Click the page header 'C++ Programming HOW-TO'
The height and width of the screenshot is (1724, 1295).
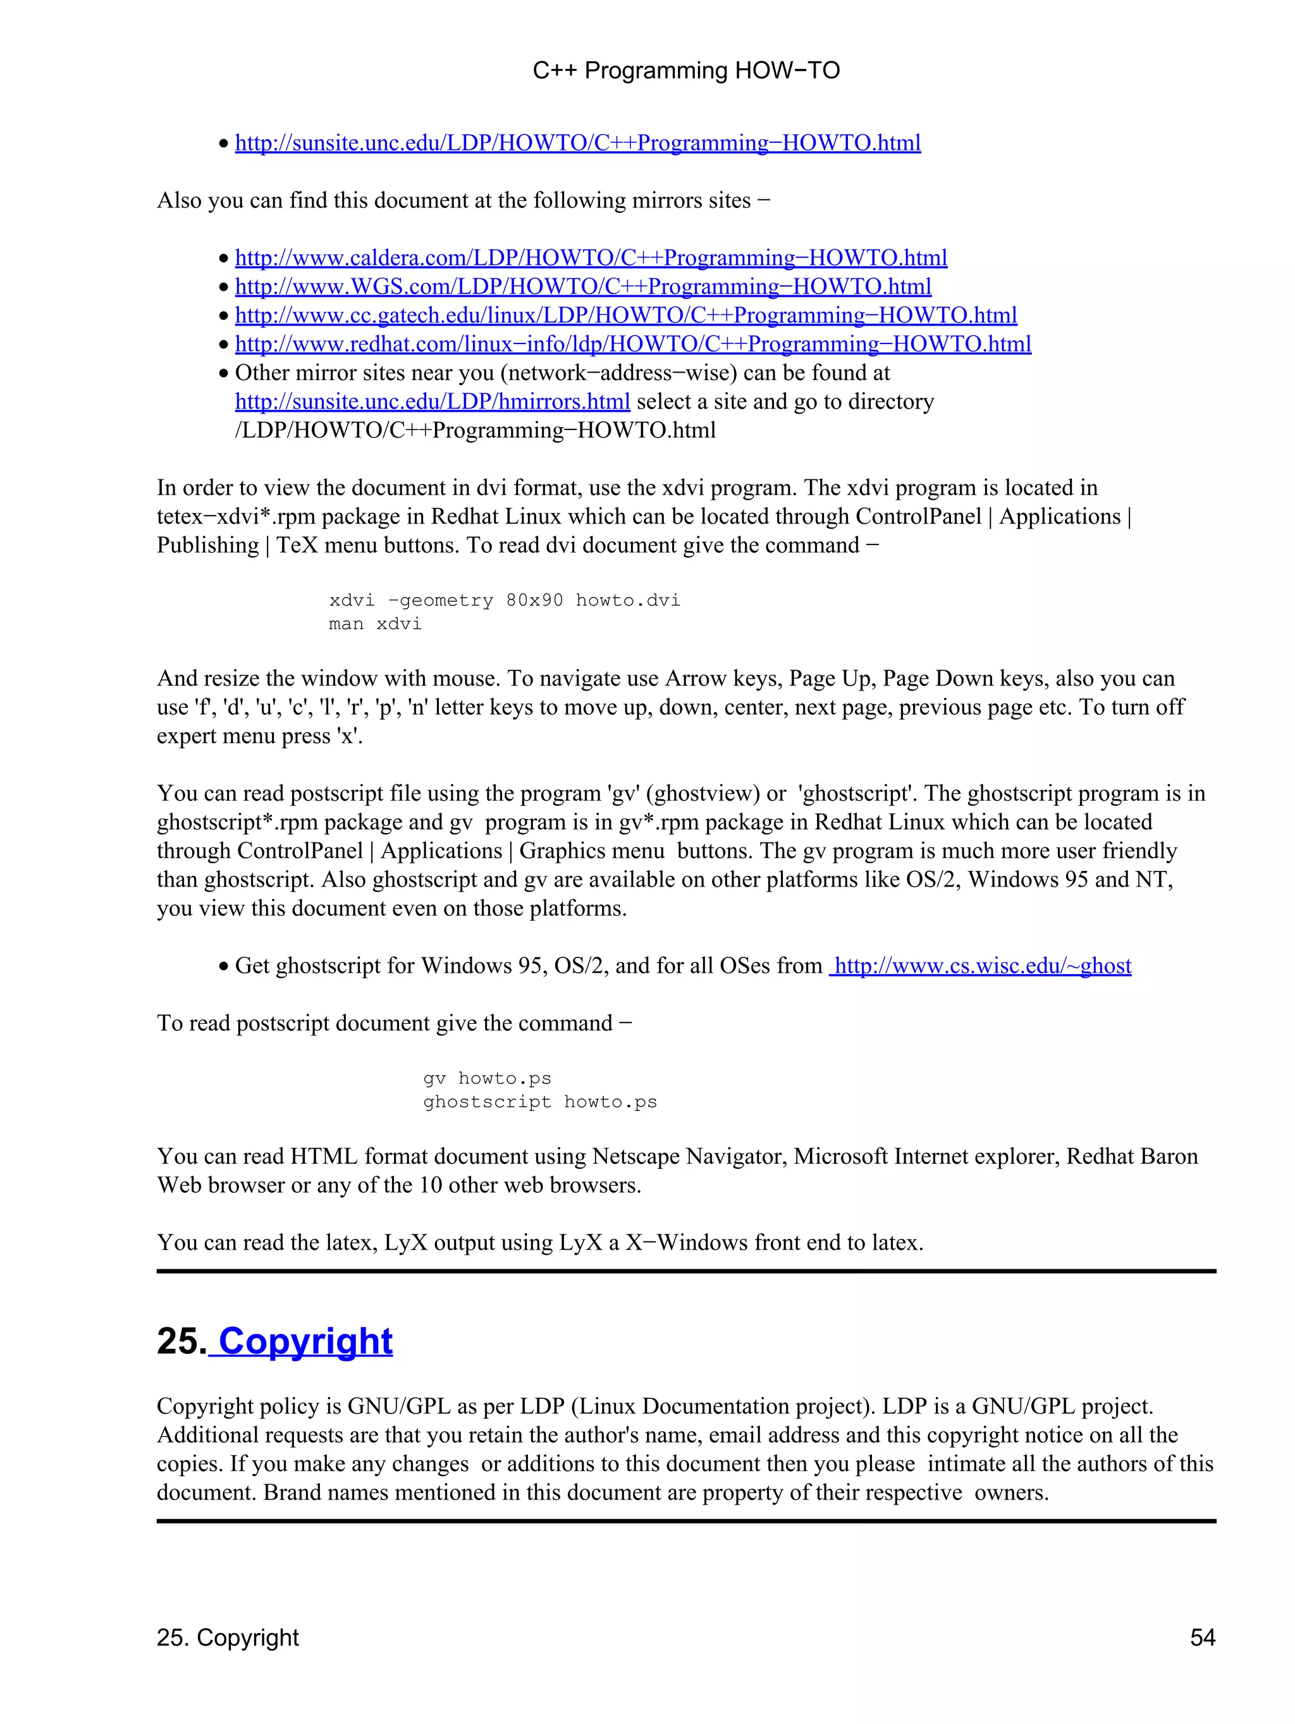(x=685, y=71)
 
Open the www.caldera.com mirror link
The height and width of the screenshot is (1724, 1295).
(x=591, y=258)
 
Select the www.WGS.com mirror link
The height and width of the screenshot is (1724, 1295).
(x=583, y=287)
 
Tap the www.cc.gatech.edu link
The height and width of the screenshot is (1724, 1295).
(x=625, y=316)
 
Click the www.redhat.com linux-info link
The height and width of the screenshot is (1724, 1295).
(x=633, y=345)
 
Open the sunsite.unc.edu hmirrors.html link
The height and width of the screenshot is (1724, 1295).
(x=433, y=402)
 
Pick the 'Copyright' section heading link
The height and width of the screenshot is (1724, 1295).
(x=305, y=1341)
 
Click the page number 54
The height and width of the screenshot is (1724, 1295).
(x=1202, y=1637)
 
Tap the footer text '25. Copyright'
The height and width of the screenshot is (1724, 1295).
(x=228, y=1637)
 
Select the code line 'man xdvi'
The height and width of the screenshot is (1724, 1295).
(x=375, y=624)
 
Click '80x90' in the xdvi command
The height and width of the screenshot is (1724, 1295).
(x=534, y=601)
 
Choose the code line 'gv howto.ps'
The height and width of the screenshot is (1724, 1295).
(x=487, y=1079)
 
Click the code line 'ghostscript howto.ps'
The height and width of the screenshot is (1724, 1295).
(x=540, y=1102)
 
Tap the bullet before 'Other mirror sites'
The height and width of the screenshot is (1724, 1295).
(x=224, y=374)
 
